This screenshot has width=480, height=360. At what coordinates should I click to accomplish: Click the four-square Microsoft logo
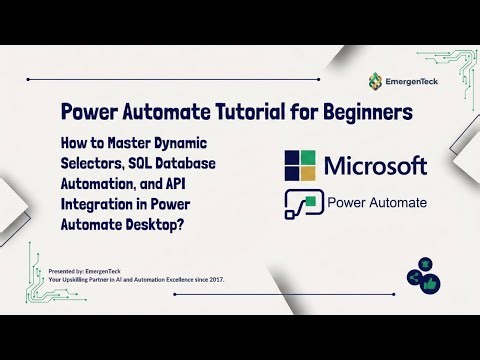pyautogui.click(x=305, y=166)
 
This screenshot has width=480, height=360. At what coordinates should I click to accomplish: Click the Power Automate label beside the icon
pyautogui.click(x=377, y=203)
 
